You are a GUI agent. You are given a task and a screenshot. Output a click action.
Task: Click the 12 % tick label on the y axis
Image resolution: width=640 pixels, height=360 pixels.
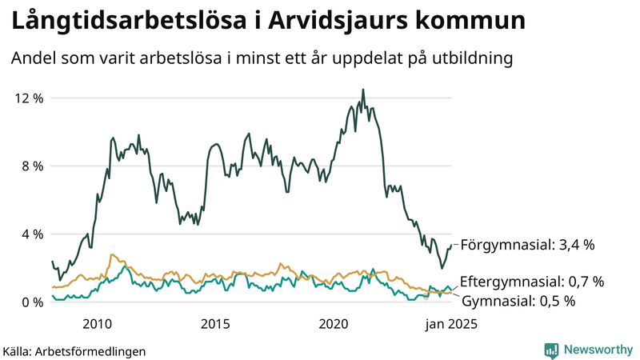point(29,98)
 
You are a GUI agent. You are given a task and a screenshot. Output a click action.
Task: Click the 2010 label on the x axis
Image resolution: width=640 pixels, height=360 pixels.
point(97,324)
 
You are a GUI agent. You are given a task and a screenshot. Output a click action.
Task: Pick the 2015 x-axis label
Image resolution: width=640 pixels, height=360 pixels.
point(215,324)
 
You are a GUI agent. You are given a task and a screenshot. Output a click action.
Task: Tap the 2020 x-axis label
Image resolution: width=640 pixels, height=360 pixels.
point(334,324)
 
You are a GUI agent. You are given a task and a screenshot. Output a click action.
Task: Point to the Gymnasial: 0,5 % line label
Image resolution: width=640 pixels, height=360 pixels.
point(519,302)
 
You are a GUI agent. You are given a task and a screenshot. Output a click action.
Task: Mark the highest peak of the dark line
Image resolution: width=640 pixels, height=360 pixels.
point(363,90)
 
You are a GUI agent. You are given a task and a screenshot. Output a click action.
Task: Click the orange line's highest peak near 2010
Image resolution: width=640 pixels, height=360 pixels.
point(112,254)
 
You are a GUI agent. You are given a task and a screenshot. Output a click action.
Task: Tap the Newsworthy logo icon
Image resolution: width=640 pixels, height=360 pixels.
point(551,350)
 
